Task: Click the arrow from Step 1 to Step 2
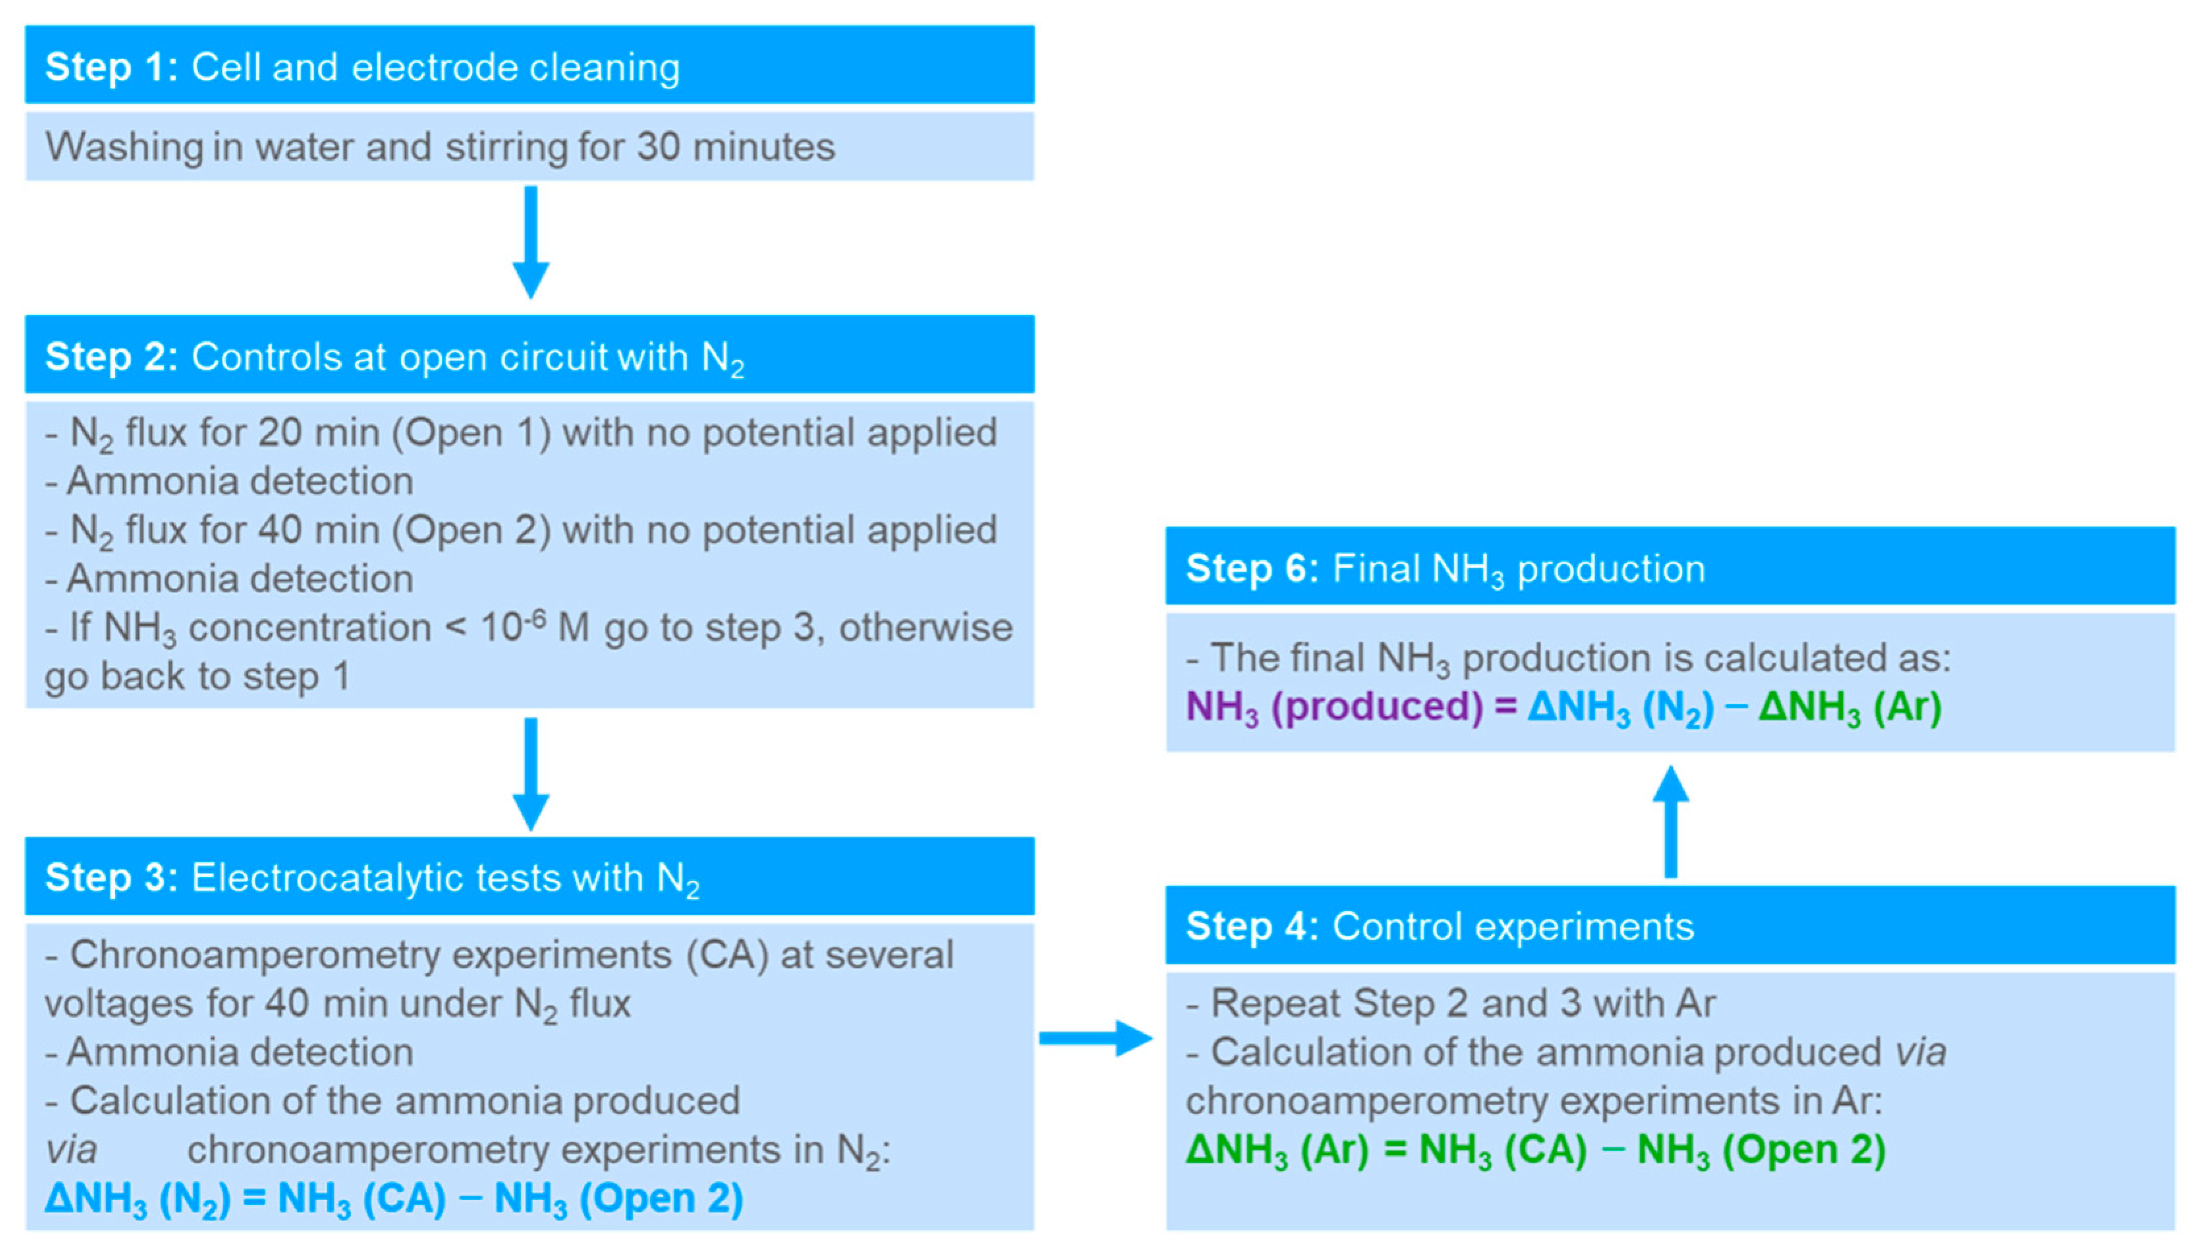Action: (x=531, y=242)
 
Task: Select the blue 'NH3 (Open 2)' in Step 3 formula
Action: (x=619, y=1199)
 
